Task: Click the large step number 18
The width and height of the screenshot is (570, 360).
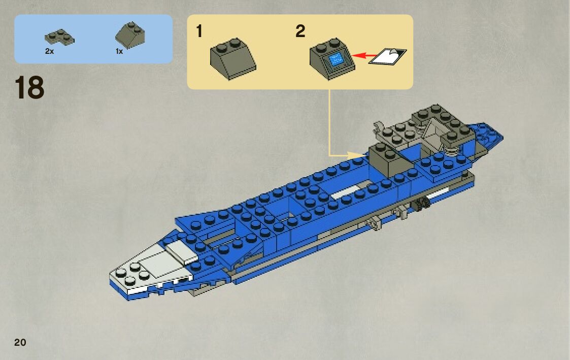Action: click(x=29, y=88)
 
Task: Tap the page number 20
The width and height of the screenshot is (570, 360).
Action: click(x=20, y=342)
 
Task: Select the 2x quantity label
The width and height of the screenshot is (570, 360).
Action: click(x=49, y=51)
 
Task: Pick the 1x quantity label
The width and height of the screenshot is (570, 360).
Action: click(x=119, y=51)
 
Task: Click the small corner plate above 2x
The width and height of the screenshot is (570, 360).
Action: click(x=59, y=36)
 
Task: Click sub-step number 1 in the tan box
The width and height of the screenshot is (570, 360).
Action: click(x=199, y=31)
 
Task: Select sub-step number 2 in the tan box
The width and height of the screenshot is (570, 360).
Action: click(x=300, y=31)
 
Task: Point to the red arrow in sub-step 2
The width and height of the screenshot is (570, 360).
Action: click(x=364, y=55)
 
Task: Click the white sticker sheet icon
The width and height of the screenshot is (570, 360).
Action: click(x=388, y=56)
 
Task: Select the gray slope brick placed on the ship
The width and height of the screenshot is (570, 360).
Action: click(x=388, y=158)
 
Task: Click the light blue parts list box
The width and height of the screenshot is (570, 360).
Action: click(x=93, y=39)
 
